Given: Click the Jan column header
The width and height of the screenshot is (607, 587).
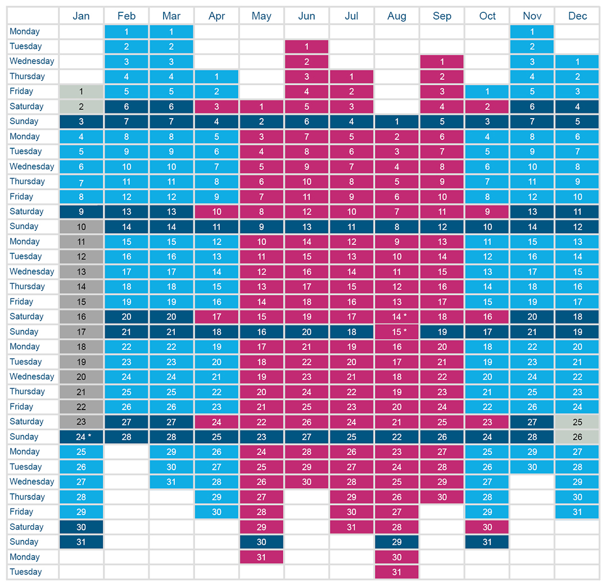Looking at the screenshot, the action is [81, 16].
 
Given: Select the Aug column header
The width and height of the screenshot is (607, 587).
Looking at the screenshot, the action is [397, 16].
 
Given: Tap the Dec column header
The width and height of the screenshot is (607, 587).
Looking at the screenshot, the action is [577, 16].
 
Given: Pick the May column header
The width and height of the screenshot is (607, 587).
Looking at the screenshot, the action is [262, 16].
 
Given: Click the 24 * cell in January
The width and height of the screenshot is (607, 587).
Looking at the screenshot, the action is [81, 437].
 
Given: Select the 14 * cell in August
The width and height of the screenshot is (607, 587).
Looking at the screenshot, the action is [397, 316].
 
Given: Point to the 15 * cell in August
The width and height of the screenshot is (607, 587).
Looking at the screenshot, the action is [397, 331].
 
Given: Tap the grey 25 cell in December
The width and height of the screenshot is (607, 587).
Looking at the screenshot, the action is [577, 422].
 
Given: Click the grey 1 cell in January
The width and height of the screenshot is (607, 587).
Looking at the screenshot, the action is [81, 92].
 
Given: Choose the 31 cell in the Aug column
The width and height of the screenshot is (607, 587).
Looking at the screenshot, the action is [397, 572].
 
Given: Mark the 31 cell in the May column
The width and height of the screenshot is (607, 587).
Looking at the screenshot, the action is [262, 557].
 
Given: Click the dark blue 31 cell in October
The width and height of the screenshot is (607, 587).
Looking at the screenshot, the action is [487, 542].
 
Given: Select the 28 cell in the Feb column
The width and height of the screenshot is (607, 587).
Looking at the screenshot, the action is [126, 437].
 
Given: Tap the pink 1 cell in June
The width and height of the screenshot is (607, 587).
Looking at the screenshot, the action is [307, 47].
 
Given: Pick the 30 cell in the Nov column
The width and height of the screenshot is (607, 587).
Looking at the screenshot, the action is [532, 467].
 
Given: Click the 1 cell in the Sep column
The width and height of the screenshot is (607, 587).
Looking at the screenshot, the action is [442, 62].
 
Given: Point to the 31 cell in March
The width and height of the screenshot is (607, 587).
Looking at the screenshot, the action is [171, 482].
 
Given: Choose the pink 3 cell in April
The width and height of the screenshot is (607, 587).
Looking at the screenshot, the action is [216, 106].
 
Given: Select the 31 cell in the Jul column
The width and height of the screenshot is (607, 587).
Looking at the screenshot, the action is [351, 527].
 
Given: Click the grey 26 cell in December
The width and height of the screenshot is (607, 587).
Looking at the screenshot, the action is [577, 437].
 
